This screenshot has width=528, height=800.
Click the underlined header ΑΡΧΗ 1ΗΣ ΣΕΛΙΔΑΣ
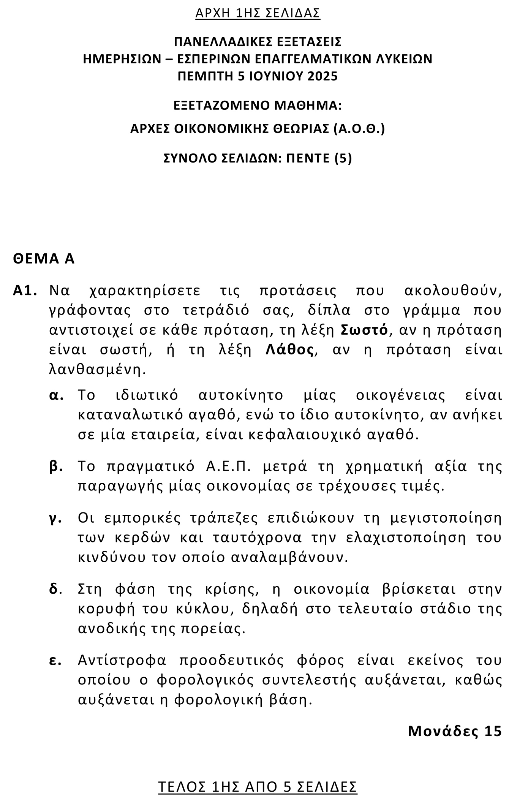tap(258, 13)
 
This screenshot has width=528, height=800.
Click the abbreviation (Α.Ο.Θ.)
tap(359, 129)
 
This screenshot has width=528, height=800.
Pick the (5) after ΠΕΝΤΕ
tap(343, 158)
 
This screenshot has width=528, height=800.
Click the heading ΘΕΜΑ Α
tap(44, 259)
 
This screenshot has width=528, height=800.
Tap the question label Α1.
tap(25, 291)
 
